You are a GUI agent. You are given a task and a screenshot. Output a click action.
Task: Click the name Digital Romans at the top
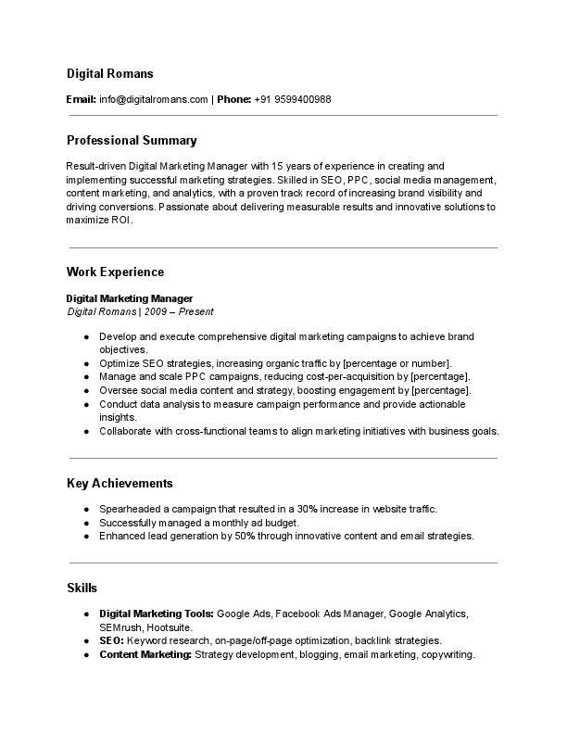110,73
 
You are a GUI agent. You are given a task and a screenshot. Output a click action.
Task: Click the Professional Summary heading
132,141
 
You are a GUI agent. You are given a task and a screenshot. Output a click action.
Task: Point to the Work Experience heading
115,272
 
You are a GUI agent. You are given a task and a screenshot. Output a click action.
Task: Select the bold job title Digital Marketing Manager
130,298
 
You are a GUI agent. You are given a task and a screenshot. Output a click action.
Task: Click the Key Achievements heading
120,484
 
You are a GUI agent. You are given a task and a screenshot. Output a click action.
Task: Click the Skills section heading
82,588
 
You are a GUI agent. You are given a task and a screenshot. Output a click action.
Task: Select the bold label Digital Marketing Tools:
157,614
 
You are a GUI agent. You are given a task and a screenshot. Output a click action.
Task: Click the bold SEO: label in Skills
111,640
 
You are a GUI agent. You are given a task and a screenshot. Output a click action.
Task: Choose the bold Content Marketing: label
145,654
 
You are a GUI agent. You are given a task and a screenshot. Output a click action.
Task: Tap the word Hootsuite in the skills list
170,627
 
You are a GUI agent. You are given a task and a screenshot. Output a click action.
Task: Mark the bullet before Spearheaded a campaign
86,510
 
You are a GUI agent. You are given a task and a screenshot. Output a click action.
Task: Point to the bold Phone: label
233,99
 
